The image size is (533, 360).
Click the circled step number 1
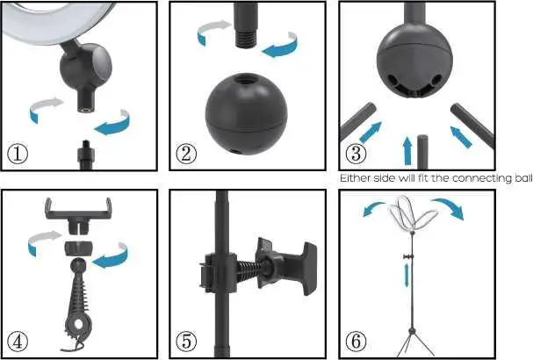pos(18,153)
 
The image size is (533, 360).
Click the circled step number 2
pos(186,153)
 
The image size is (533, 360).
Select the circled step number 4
pos(18,341)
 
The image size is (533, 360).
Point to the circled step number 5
pos(186,341)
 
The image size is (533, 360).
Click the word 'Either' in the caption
pos(353,178)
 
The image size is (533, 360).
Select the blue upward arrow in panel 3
pos(407,149)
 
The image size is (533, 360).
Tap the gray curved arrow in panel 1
pos(44,111)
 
